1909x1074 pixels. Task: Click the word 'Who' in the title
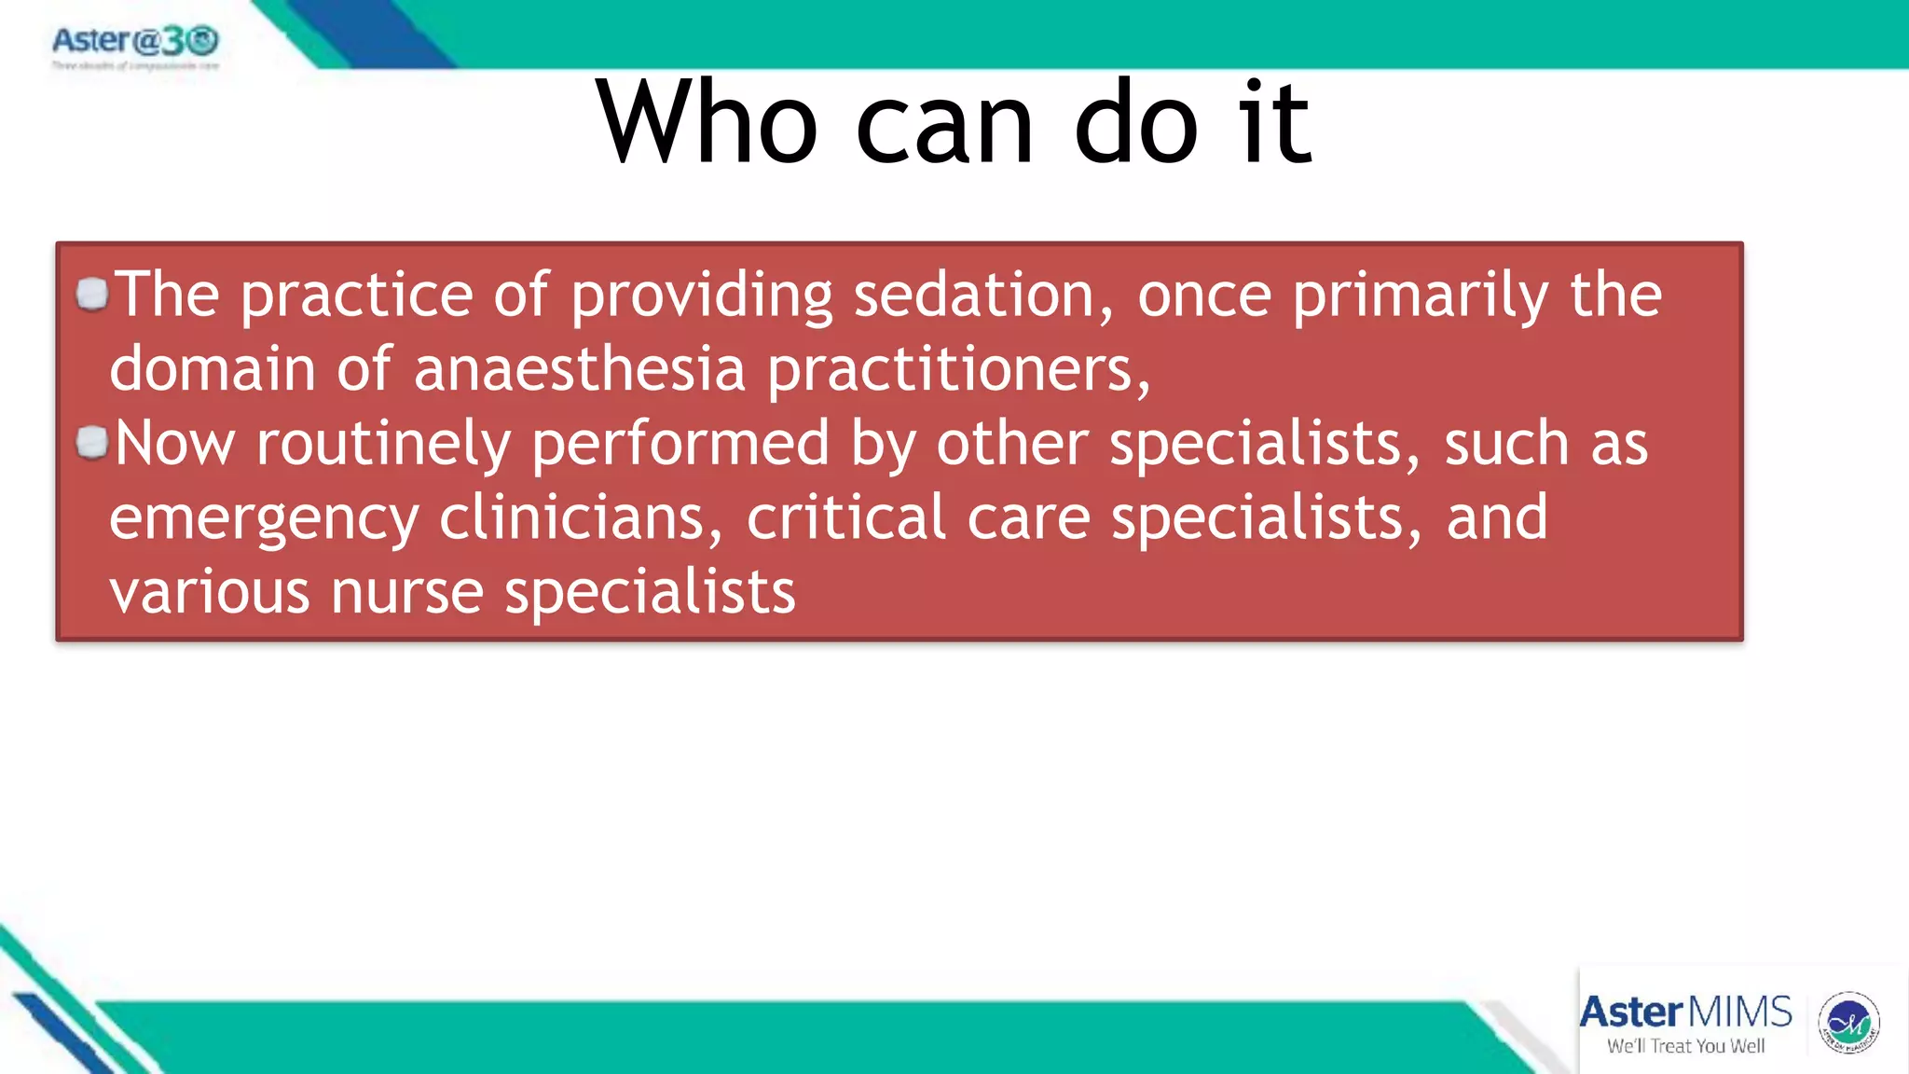pos(707,123)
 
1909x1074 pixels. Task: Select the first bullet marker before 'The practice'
pos(92,295)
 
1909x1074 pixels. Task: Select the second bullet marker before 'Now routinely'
pos(92,442)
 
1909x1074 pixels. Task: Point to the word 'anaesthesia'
pos(580,369)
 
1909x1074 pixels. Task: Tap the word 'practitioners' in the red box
pos(958,371)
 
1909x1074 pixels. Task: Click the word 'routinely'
pos(383,445)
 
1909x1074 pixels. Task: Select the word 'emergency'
pos(264,519)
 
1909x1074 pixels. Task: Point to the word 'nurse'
pos(407,593)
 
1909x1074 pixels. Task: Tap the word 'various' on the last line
pos(210,593)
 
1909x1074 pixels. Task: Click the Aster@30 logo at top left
pos(135,42)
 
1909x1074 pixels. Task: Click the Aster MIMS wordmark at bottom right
pos(1685,1012)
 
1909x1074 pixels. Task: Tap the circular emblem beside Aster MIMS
pos(1848,1023)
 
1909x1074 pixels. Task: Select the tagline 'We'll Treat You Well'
pos(1685,1046)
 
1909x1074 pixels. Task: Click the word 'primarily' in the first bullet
pos(1420,297)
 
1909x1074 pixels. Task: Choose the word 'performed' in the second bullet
pos(680,444)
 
